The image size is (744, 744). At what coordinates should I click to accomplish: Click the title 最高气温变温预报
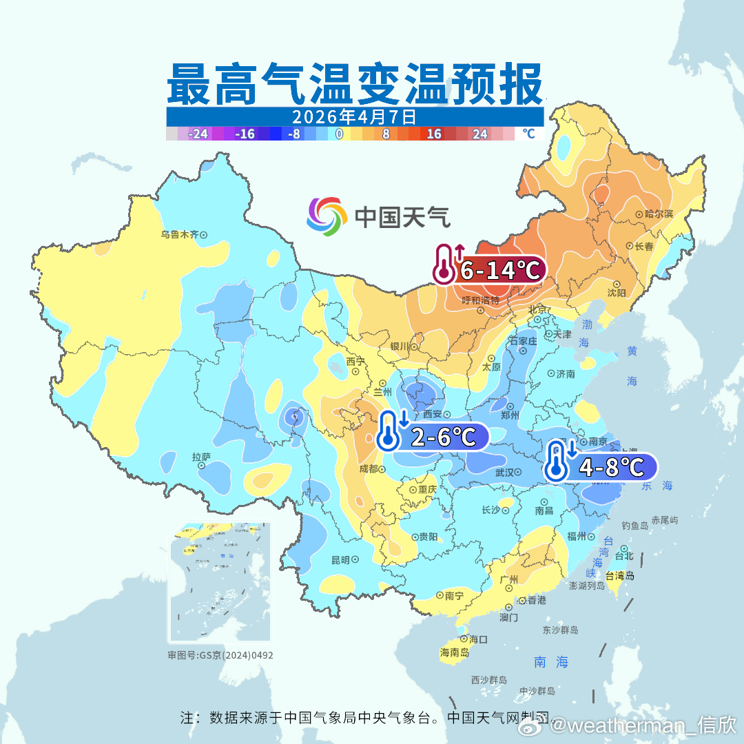pyautogui.click(x=354, y=83)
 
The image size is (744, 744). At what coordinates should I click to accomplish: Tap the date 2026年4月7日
pyautogui.click(x=354, y=116)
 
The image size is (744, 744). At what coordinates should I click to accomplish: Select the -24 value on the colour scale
pyautogui.click(x=198, y=134)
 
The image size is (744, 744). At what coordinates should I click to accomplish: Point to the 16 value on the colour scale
pyautogui.click(x=433, y=134)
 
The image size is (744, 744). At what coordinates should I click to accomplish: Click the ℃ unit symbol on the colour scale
pyautogui.click(x=528, y=134)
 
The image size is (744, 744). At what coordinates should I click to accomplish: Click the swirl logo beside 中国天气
pyautogui.click(x=327, y=216)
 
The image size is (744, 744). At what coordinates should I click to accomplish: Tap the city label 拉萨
pyautogui.click(x=201, y=457)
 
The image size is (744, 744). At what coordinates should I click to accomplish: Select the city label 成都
pyautogui.click(x=369, y=469)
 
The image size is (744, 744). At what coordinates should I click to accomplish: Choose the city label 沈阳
pyautogui.click(x=617, y=293)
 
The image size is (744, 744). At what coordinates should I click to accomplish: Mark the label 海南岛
pyautogui.click(x=454, y=652)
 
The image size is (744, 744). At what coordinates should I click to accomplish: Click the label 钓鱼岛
pyautogui.click(x=634, y=525)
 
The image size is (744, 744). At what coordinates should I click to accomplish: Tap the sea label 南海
pyautogui.click(x=551, y=662)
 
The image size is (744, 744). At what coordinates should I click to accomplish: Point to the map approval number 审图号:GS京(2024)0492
pyautogui.click(x=220, y=655)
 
